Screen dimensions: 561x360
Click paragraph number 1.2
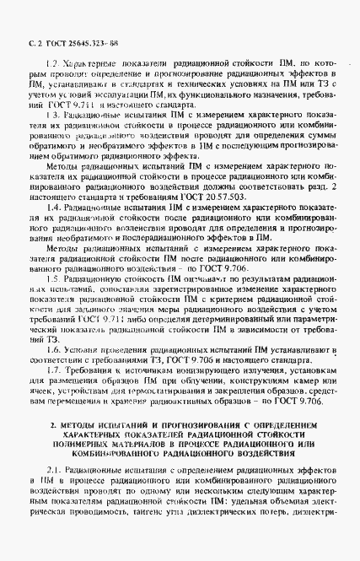click(x=51, y=64)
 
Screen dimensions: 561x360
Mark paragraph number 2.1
click(x=53, y=492)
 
